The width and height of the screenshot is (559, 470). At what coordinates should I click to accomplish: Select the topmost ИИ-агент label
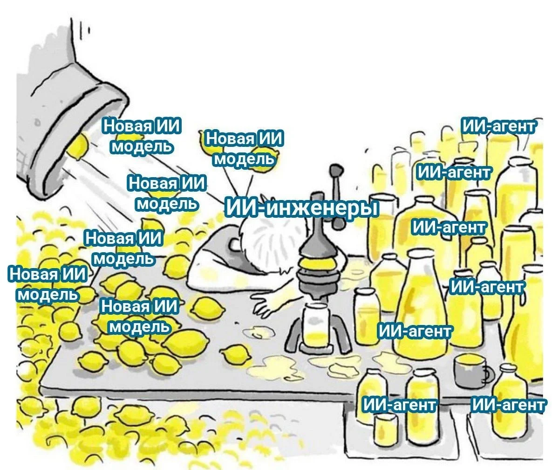coord(498,126)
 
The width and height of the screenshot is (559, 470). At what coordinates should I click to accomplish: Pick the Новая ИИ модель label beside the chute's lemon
coord(142,136)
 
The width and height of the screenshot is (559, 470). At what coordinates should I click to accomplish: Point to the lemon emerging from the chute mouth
coord(77,145)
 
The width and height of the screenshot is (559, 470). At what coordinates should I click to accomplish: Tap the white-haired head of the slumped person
coord(261,242)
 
